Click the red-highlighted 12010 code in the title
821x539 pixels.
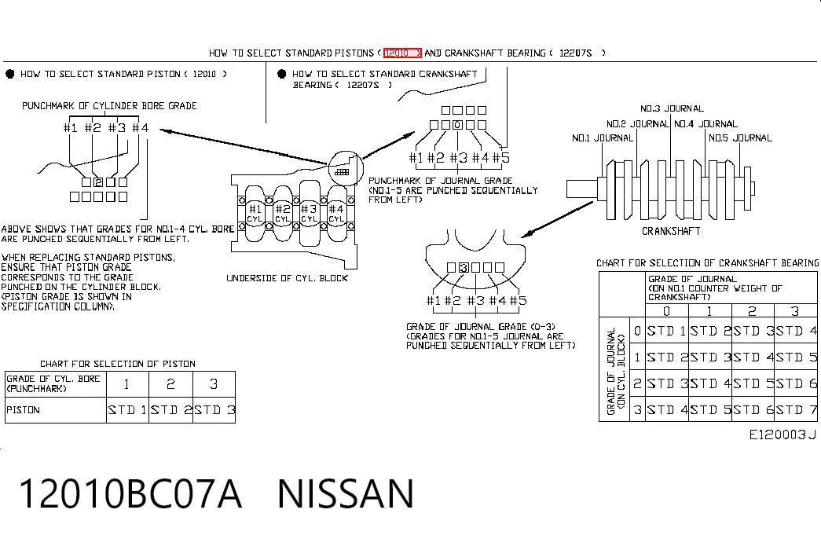(402, 53)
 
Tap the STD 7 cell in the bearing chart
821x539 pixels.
(796, 409)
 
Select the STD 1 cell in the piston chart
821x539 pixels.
(127, 410)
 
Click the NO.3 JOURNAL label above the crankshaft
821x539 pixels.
(672, 109)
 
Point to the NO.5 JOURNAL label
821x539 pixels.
(740, 138)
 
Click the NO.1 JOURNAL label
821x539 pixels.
(602, 138)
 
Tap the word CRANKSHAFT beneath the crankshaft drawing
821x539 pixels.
(671, 231)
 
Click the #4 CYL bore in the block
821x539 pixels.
(336, 213)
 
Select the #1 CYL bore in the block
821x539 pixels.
(255, 213)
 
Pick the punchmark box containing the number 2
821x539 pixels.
(98, 182)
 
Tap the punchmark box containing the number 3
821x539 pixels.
(464, 268)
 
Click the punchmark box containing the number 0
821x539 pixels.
(457, 125)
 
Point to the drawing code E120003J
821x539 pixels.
(783, 434)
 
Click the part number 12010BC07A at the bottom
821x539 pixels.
(130, 493)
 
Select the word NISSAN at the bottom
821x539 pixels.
(346, 493)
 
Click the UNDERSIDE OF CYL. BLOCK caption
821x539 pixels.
(287, 278)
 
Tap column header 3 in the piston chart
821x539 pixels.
(214, 384)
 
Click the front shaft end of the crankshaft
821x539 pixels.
(581, 189)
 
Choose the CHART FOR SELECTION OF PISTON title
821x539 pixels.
(118, 364)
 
